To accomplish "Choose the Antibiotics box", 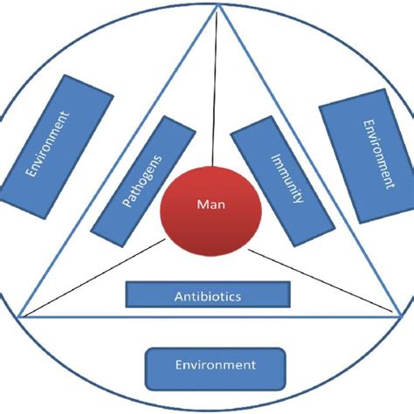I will (x=207, y=294).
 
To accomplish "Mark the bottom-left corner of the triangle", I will (x=19, y=316).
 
